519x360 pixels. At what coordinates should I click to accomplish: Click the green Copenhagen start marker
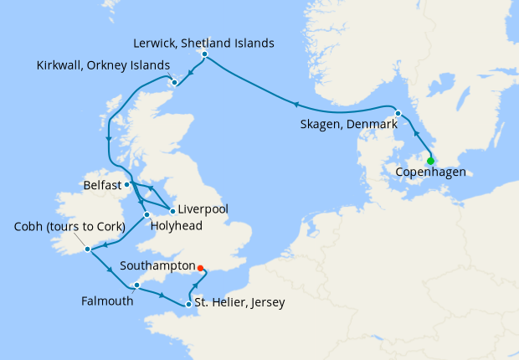pyautogui.click(x=430, y=162)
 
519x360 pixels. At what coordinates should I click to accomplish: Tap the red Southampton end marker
pyautogui.click(x=200, y=270)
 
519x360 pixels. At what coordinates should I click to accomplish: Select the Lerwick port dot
pyautogui.click(x=205, y=54)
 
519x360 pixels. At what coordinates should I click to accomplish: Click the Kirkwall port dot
pyautogui.click(x=173, y=82)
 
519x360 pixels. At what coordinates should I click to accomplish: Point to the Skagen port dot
pyautogui.click(x=398, y=113)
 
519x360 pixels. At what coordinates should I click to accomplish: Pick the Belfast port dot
pyautogui.click(x=126, y=184)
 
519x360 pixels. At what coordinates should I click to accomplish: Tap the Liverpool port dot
pyautogui.click(x=172, y=208)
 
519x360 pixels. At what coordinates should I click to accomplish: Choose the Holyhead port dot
pyautogui.click(x=146, y=215)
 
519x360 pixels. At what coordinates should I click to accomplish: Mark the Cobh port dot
pyautogui.click(x=87, y=249)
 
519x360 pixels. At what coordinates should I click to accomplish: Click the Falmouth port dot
pyautogui.click(x=136, y=285)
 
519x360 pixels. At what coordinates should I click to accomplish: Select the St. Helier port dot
pyautogui.click(x=188, y=304)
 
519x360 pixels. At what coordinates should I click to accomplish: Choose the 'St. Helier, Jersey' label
pyautogui.click(x=239, y=303)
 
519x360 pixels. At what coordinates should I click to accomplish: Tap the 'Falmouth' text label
pyautogui.click(x=107, y=301)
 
